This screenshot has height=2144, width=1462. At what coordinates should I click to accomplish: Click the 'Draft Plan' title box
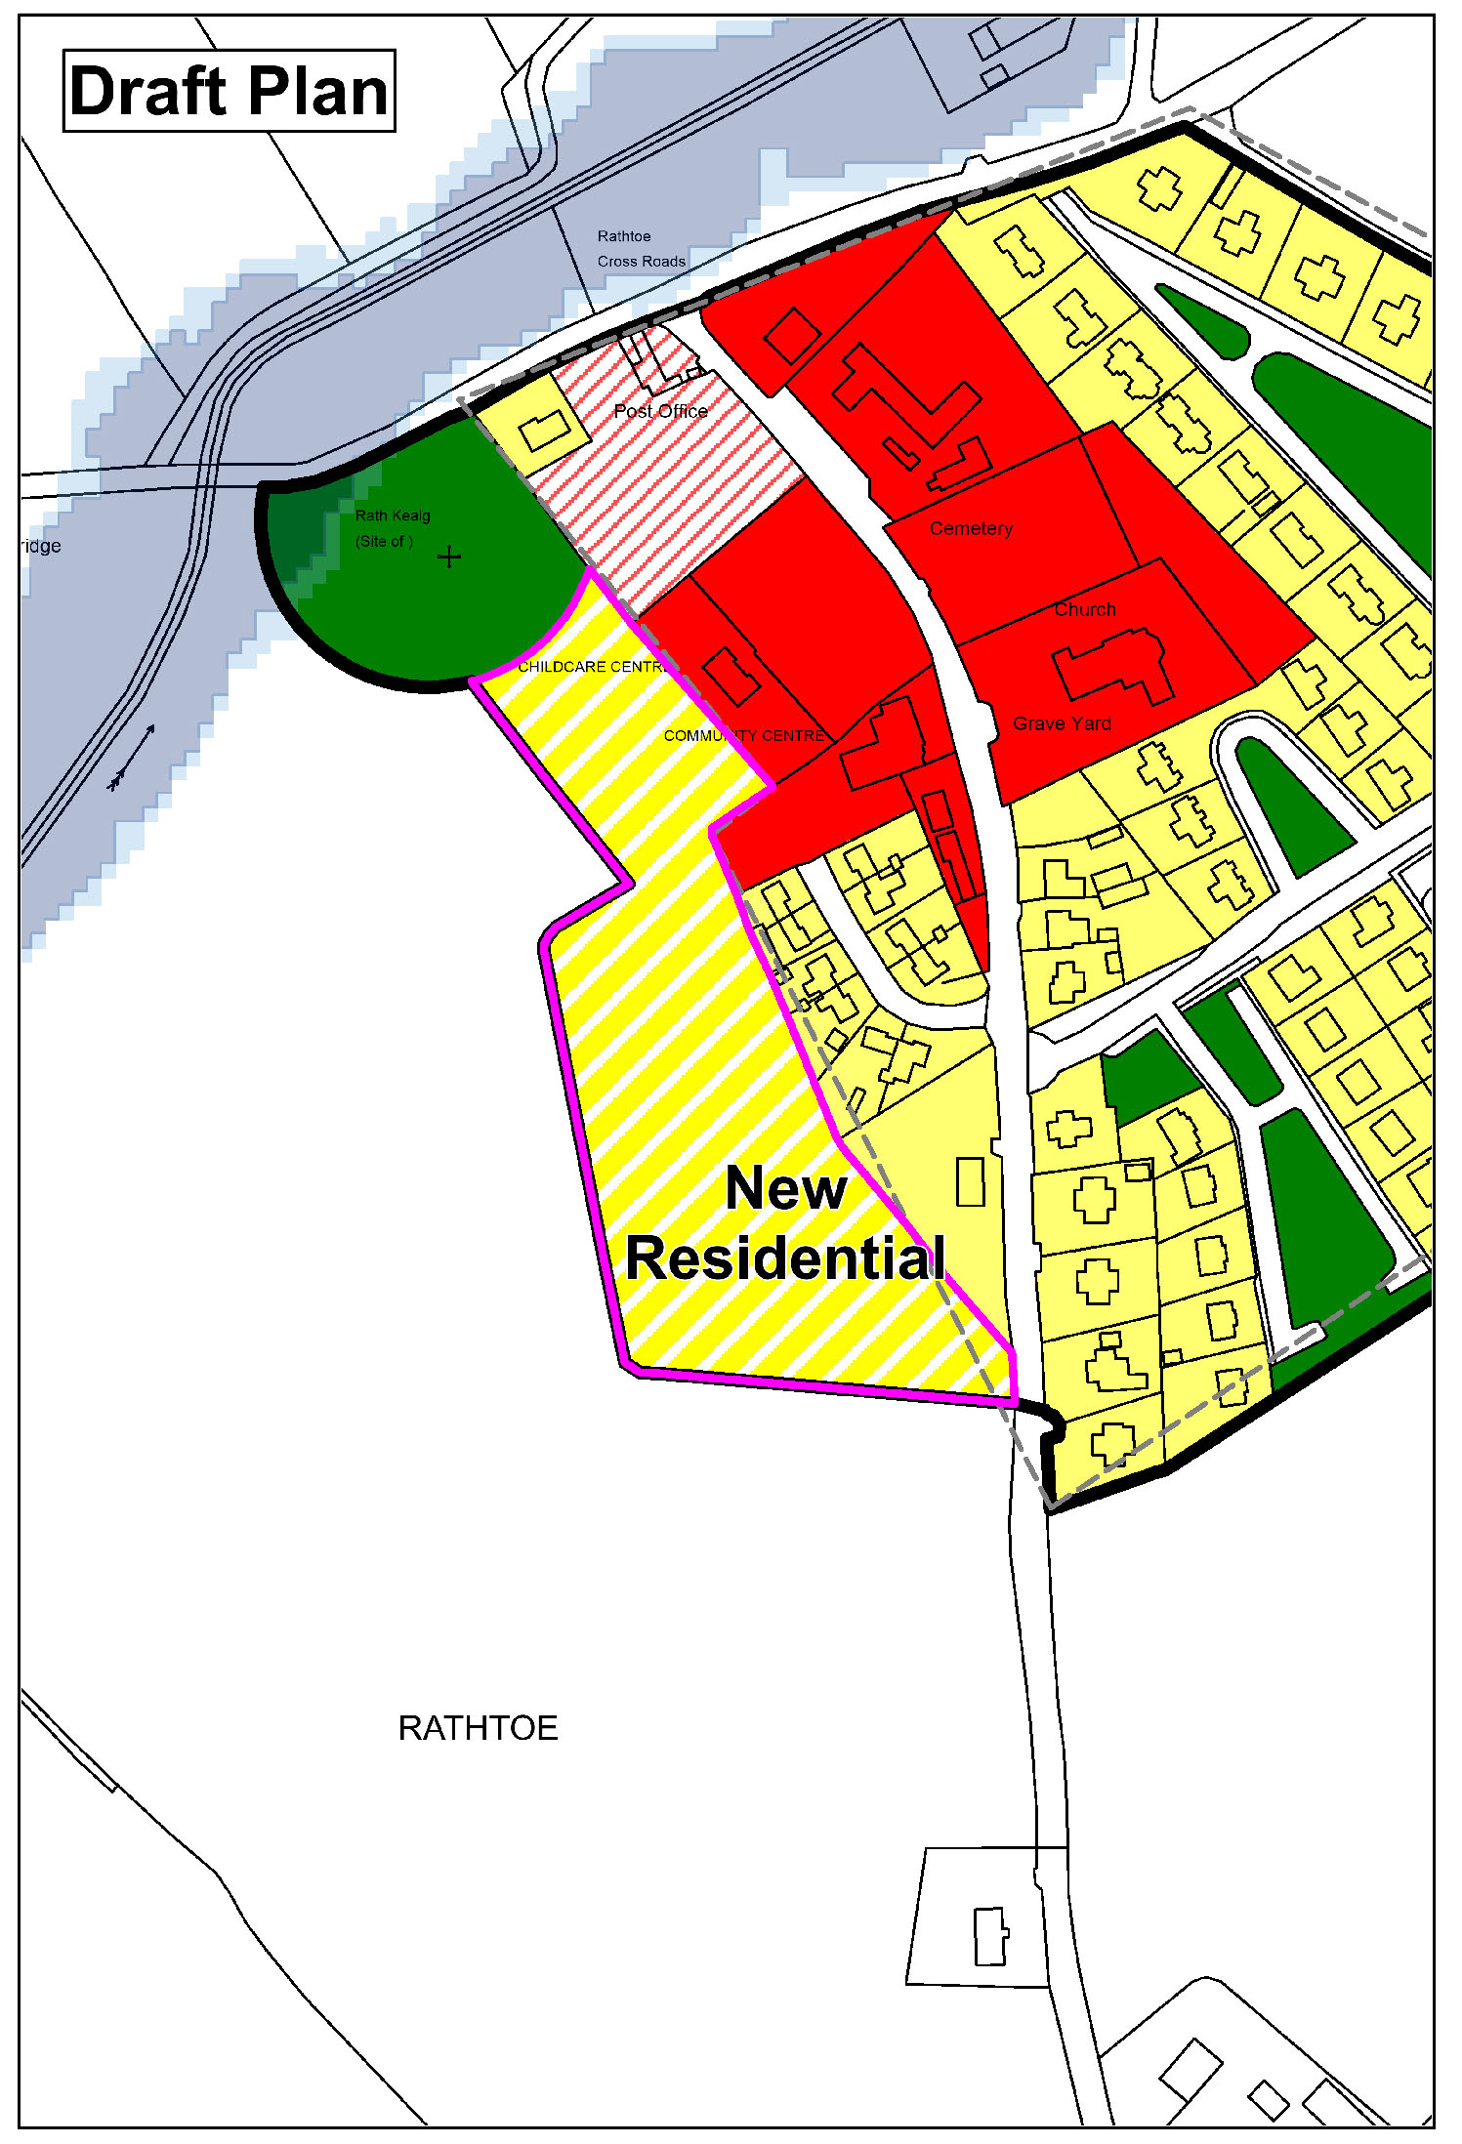coord(229,91)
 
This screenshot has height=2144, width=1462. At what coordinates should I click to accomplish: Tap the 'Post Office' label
coord(660,411)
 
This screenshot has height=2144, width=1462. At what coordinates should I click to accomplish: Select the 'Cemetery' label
coord(971,528)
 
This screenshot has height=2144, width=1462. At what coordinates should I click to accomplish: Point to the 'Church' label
coord(1085,609)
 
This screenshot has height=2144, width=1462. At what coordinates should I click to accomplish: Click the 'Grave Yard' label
coord(1062,723)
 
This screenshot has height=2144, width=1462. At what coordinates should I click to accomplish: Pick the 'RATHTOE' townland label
coord(478,1728)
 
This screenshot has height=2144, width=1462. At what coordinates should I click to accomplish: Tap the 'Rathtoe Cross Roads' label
coord(641,249)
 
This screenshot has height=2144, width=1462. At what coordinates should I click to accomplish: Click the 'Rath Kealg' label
coord(393,515)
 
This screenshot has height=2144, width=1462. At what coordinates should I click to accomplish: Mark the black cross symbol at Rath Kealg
coord(449,557)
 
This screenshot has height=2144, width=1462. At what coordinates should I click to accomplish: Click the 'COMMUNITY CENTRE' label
coord(744,735)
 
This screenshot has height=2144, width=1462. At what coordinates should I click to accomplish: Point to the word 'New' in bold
coord(786,1188)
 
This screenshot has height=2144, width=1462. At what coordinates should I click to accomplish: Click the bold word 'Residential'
coord(786,1258)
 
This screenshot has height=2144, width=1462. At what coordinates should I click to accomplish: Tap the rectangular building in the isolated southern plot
coord(990,1935)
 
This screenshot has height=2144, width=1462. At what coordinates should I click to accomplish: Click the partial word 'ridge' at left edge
coord(41,546)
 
